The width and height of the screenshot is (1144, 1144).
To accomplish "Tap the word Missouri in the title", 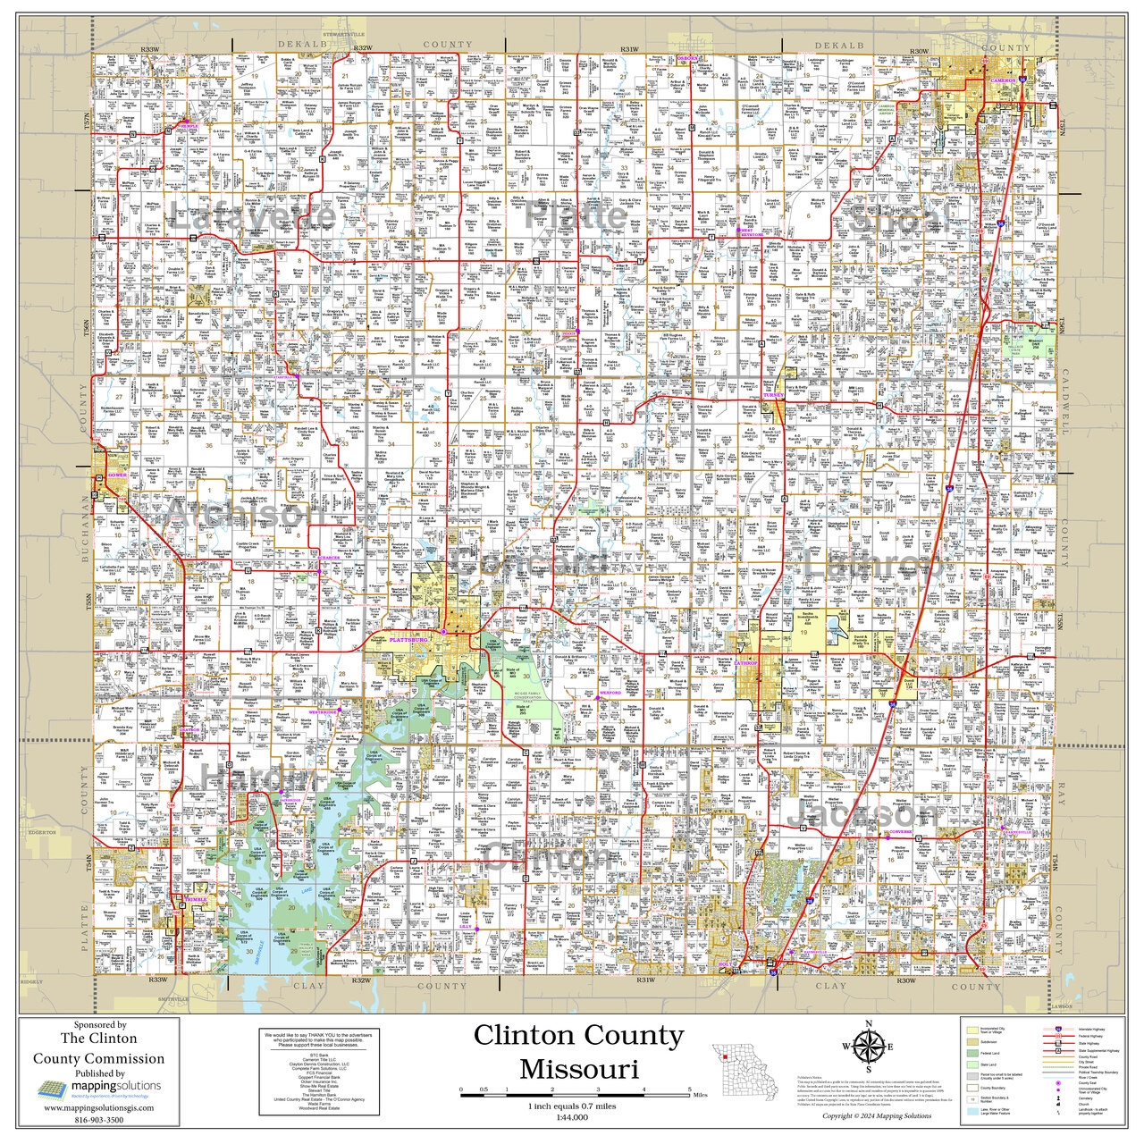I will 578,1069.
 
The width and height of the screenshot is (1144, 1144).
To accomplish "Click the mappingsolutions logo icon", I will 51,1089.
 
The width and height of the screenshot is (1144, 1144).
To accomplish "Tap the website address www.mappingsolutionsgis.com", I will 98,1106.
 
